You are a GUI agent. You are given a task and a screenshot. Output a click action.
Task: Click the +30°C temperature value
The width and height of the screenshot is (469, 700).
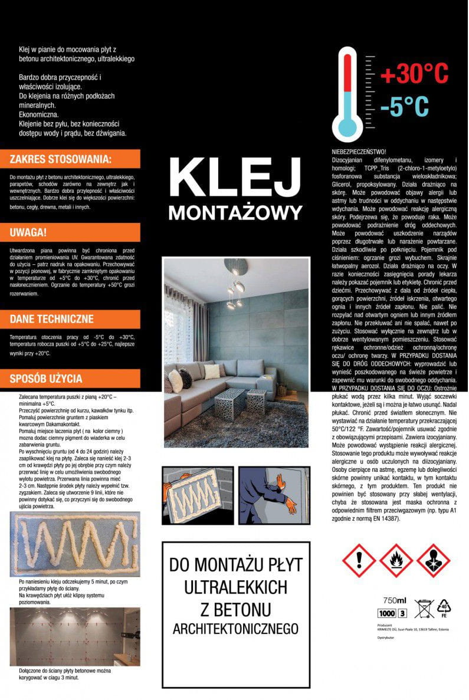click(414, 75)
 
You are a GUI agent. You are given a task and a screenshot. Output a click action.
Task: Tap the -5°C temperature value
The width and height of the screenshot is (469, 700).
click(404, 106)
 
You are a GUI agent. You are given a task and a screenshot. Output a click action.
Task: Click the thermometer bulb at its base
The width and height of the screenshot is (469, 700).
click(347, 125)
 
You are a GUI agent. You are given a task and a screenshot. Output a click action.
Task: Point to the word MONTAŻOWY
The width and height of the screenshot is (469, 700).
click(235, 212)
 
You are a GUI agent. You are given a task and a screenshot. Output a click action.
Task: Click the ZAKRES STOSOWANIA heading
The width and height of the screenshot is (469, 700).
click(61, 159)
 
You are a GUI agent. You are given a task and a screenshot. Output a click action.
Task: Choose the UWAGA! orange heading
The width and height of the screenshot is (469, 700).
click(28, 232)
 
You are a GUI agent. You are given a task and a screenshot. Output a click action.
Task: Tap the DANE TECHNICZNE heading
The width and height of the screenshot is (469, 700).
click(52, 319)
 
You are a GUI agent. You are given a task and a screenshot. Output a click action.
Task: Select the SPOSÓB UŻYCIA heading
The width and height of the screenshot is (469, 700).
click(46, 379)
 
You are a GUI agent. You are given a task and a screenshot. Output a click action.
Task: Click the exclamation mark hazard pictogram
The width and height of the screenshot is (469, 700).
click(359, 560)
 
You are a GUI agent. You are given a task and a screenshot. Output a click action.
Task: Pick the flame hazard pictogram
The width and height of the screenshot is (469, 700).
click(395, 560)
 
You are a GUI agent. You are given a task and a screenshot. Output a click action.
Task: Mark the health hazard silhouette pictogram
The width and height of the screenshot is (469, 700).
click(433, 560)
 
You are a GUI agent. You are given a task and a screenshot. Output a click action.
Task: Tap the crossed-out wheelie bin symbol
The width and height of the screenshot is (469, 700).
click(424, 608)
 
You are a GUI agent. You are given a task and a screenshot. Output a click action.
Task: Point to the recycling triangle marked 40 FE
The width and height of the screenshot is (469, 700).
click(444, 607)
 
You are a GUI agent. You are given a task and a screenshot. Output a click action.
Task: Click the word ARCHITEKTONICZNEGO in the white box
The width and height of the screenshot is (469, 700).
click(235, 629)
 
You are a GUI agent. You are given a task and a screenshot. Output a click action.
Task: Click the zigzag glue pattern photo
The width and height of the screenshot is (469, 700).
click(75, 544)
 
